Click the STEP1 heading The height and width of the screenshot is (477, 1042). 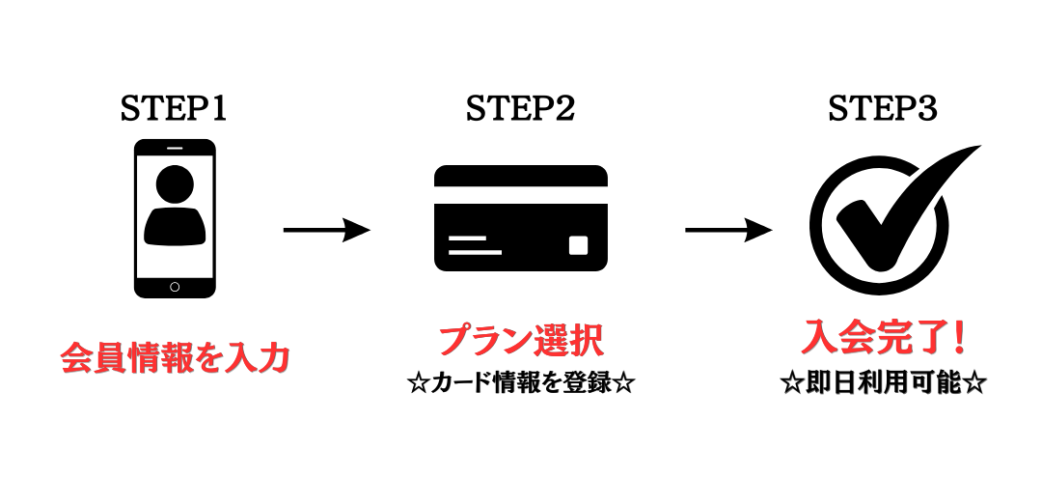(174, 108)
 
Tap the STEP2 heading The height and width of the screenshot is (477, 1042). (520, 108)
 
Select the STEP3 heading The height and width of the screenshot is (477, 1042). (883, 108)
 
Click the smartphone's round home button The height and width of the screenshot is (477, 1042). (175, 287)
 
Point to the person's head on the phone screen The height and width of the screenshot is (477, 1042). (175, 182)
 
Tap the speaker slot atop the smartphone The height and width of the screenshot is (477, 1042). (175, 147)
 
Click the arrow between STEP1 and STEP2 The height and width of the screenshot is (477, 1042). (326, 230)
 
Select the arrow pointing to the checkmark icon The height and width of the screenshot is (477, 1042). (728, 230)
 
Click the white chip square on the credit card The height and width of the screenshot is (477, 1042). (578, 245)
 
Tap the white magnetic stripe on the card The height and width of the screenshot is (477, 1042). (521, 195)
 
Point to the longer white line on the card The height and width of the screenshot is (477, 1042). (475, 252)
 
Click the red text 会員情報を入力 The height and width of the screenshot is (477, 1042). (176, 358)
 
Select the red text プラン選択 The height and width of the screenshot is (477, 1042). (521, 341)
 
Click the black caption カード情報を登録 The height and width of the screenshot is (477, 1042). (521, 384)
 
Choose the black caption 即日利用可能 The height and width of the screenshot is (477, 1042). (883, 384)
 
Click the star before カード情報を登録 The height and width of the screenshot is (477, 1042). (418, 384)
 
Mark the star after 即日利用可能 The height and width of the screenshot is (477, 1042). (973, 384)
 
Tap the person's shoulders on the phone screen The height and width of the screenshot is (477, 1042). (175, 226)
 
